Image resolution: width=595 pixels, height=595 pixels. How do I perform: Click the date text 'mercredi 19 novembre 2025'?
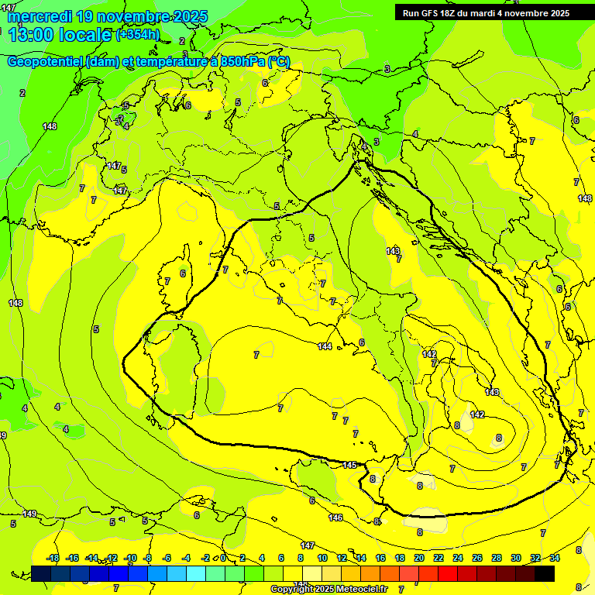pos(108,16)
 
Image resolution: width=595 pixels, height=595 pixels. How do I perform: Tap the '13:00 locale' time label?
pos(60,35)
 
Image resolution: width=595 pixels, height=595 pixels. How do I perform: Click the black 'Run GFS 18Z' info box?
pos(486,13)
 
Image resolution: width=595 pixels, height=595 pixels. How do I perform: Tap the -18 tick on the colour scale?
pos(53,558)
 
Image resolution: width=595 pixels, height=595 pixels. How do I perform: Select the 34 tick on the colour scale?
pos(554,558)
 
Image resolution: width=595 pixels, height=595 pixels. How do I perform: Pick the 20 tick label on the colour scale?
pos(419,558)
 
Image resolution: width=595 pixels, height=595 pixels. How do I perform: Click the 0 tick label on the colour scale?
pos(223,558)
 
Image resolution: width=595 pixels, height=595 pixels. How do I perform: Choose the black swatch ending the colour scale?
pos(545,573)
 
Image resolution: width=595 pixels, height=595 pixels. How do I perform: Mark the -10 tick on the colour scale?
pos(130,558)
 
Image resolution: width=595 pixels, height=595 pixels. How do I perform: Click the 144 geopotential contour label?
pos(325,346)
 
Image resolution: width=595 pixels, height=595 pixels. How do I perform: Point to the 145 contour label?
pos(349,465)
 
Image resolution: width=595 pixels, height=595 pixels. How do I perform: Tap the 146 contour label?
pos(335,518)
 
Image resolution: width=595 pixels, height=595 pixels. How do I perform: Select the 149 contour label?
pos(29,514)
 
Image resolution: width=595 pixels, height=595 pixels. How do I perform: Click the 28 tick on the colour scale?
pos(497,558)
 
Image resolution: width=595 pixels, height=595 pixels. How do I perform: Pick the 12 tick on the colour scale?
pos(342,558)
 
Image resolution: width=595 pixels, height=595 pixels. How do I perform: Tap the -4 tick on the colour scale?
pos(186,558)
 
